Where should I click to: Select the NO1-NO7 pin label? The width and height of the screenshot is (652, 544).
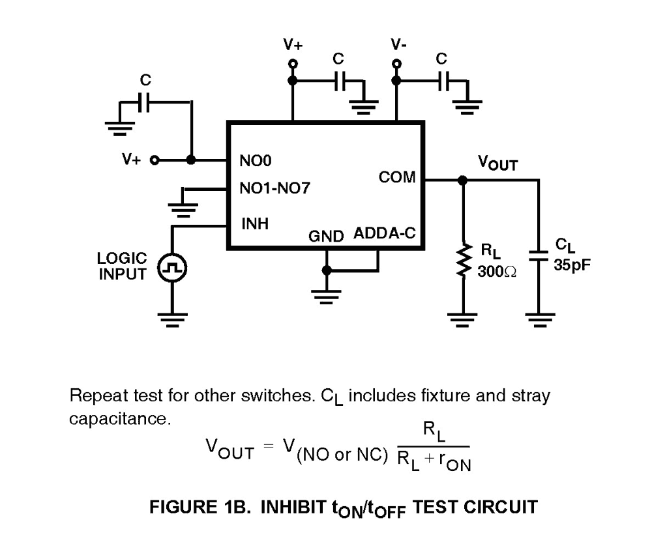(274, 190)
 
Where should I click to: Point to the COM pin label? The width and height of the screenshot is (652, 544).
(396, 177)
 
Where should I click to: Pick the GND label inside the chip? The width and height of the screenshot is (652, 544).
(325, 236)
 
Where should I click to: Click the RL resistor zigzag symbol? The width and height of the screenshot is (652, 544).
(464, 261)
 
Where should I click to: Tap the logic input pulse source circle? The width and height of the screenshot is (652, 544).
(173, 267)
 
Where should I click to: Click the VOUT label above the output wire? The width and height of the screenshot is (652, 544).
(497, 163)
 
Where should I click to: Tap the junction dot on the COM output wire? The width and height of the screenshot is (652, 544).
(463, 180)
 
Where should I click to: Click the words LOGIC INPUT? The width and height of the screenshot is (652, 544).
(122, 266)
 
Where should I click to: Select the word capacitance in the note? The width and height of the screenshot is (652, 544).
(120, 418)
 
